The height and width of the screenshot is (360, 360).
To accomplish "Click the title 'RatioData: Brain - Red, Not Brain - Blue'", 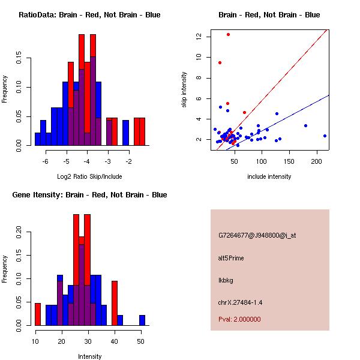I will (89, 15).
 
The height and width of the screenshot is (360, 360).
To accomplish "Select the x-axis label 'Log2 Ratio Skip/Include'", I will (89, 176).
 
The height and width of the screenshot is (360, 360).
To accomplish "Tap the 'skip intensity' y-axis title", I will (184, 90).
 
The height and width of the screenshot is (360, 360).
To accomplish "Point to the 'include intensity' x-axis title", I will (269, 176).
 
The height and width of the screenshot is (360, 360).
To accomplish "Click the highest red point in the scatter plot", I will (228, 34).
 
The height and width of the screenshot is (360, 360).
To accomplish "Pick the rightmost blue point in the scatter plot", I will (325, 136).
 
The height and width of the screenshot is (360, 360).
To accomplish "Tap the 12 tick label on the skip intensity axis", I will (197, 37).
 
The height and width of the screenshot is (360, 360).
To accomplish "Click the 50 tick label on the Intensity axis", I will (140, 342).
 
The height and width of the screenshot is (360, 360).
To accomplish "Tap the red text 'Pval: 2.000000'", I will (240, 319).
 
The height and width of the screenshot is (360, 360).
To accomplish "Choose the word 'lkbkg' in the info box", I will (226, 280).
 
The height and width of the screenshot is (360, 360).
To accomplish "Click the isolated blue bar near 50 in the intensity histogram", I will (142, 320).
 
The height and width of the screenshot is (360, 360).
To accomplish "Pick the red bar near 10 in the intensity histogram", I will (37, 314).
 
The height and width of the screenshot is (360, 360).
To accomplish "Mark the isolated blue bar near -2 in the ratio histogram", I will (126, 133).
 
